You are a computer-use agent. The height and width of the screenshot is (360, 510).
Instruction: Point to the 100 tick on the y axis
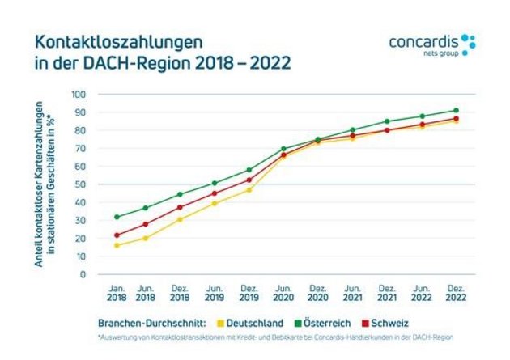point(79,95)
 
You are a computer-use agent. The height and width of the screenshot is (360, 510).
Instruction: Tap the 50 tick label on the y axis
point(81,184)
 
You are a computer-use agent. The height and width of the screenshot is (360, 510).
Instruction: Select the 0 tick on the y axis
point(83,274)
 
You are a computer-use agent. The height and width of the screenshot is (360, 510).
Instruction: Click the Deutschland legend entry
point(251,323)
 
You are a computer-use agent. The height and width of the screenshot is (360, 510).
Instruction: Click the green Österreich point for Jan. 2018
point(117,217)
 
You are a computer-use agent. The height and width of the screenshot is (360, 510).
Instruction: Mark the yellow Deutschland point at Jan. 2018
point(117,245)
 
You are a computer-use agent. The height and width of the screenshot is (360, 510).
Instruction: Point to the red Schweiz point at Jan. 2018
point(117,235)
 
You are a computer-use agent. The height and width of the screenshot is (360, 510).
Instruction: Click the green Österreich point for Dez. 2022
point(456,111)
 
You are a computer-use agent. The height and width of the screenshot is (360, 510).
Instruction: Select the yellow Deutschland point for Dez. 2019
point(249,190)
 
